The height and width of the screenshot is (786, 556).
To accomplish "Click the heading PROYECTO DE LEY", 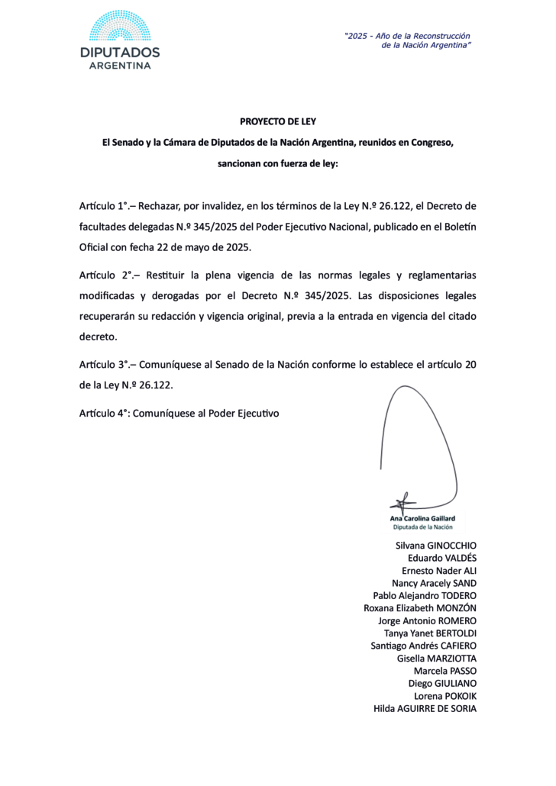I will [277, 121].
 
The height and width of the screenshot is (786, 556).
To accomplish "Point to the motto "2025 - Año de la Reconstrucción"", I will [407, 36].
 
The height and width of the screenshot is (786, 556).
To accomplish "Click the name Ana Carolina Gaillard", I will [422, 518].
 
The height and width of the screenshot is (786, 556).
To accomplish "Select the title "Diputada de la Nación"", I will [422, 527].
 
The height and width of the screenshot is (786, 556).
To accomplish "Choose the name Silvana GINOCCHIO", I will [435, 546].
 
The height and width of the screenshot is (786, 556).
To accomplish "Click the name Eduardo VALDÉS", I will [442, 558].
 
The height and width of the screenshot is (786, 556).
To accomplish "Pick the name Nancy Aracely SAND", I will [434, 583].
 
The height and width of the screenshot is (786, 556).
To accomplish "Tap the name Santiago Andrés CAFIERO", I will [423, 646].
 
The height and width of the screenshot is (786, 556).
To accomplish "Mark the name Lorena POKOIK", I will [444, 696].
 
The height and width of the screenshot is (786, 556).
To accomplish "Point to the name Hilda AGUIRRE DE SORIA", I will [425, 708].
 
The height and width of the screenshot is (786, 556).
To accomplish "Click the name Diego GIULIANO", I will [442, 683].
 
